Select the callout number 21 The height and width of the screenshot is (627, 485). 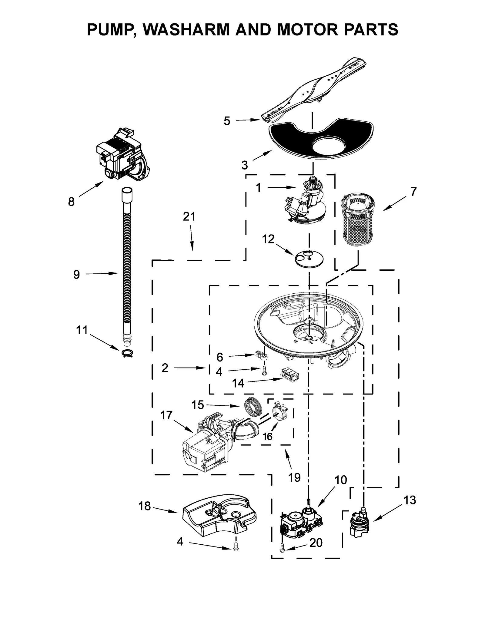pos(189,216)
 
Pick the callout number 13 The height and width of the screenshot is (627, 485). pos(410,500)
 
